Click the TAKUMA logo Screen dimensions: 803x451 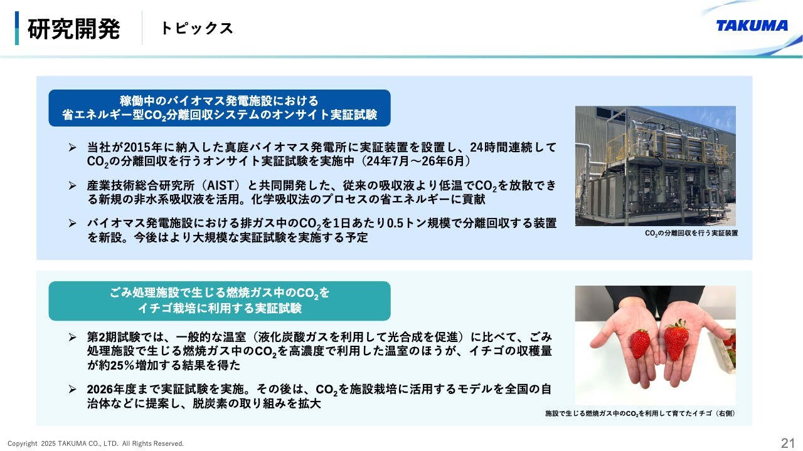[752, 26]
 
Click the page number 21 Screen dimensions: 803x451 [787, 443]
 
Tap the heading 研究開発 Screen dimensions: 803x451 [73, 29]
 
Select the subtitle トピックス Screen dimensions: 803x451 [197, 28]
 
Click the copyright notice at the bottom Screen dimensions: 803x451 [96, 443]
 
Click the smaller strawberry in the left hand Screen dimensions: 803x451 [640, 344]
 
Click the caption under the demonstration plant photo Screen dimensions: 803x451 [691, 233]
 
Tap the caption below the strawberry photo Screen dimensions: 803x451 [641, 413]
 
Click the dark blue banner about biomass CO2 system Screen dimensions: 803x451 [220, 108]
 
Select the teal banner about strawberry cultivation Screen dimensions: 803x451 [220, 301]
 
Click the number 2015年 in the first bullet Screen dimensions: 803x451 [143, 147]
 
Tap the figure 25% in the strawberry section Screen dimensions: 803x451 [124, 365]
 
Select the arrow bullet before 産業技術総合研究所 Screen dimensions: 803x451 [72, 185]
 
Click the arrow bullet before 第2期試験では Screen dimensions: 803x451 [72, 337]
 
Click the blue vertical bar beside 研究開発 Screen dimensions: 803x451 [17, 28]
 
